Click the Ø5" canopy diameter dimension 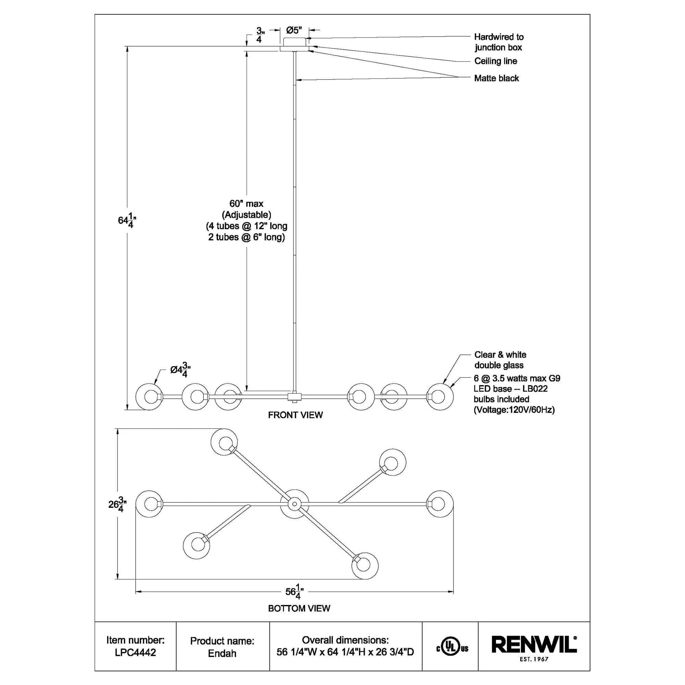pos(294,30)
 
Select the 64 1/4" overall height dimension pos(127,221)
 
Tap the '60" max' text pos(246,204)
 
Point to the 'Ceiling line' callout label pos(495,61)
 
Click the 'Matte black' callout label pos(496,78)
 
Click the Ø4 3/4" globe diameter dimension pos(180,370)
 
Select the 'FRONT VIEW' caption pos(295,415)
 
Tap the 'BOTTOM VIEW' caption pos(299,608)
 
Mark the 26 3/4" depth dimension pos(117,504)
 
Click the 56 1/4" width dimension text pos(294,592)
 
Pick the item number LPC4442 pos(135,652)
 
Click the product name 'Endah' pos(222,653)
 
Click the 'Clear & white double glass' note pos(500,360)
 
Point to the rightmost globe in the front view pos(440,397)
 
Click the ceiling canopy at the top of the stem pos(295,44)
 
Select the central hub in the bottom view pos(294,503)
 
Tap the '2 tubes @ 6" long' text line pos(246,237)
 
